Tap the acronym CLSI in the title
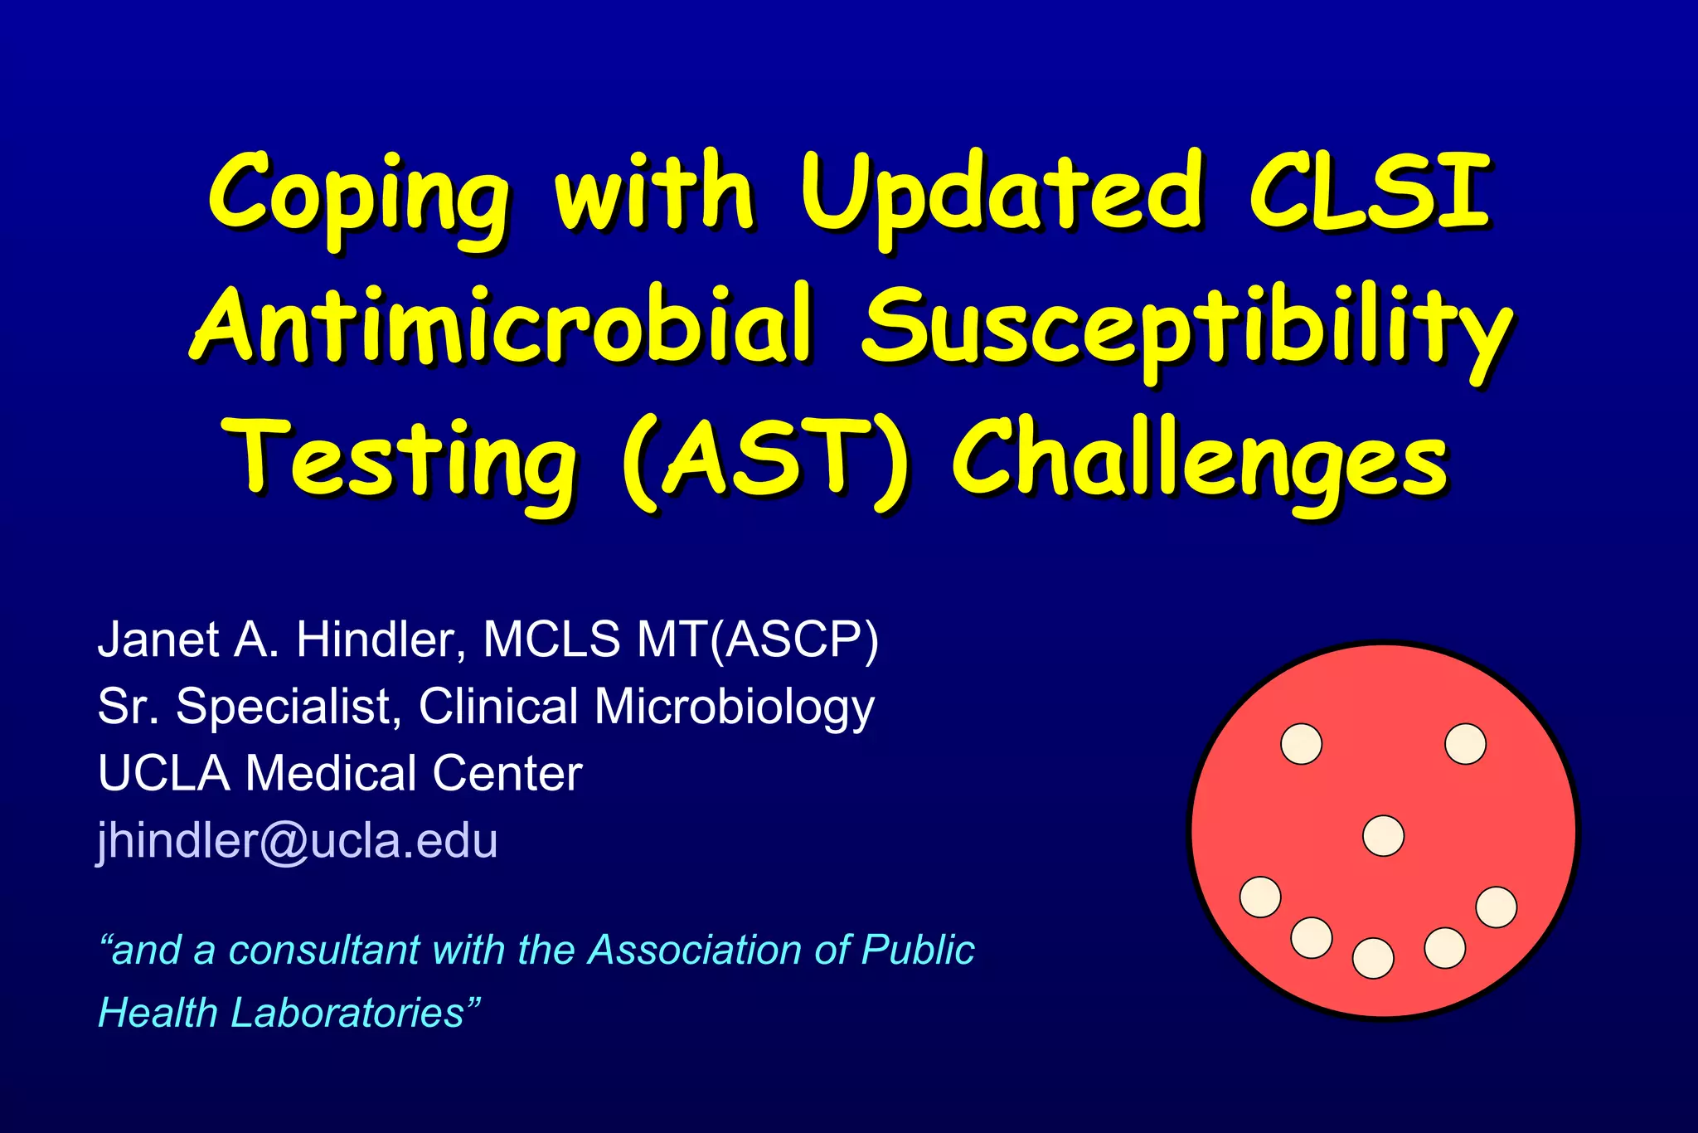1370,192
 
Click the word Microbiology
734,707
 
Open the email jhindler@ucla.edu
298,840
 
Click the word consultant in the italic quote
324,950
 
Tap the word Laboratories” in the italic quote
356,1013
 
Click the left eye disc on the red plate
1301,743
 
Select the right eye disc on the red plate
1465,743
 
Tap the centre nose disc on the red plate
1383,835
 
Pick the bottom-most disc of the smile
1373,958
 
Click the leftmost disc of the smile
1260,897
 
